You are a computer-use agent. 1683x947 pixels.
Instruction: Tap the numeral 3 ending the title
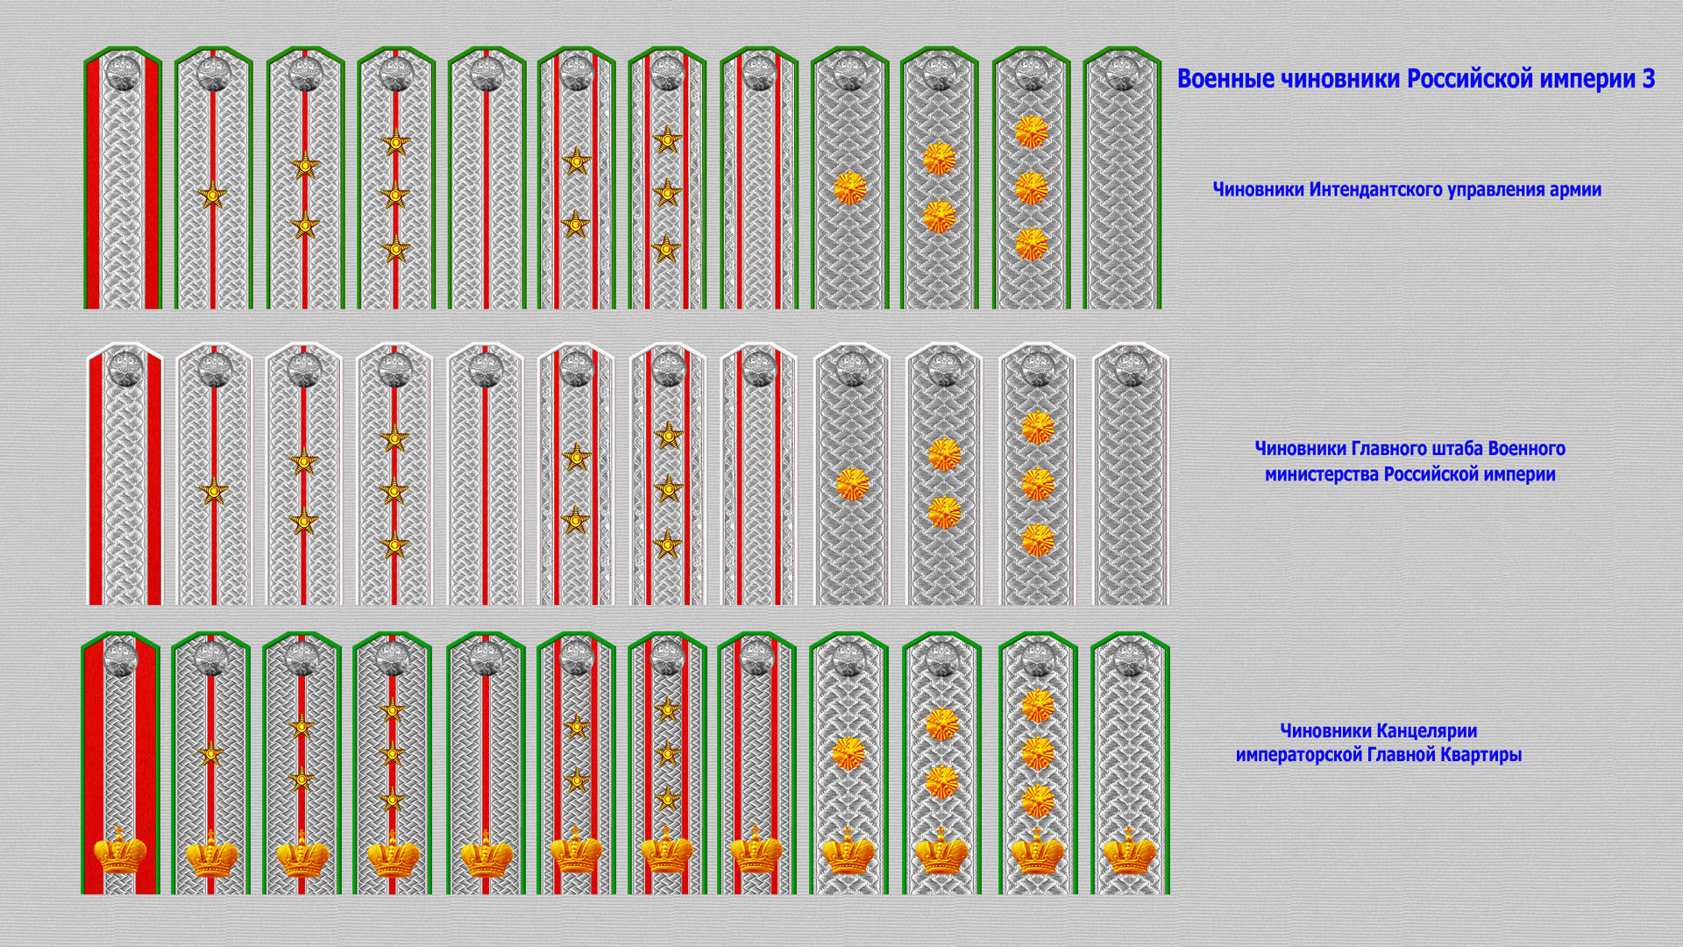1648,79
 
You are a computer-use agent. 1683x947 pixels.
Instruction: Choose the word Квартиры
1483,755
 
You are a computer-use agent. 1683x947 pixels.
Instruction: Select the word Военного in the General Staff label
1527,449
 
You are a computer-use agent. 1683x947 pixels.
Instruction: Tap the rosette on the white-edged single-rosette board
852,484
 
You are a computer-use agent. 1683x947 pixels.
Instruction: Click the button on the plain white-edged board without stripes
1131,370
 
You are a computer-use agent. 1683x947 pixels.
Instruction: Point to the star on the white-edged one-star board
213,491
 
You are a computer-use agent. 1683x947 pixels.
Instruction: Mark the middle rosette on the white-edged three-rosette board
1038,484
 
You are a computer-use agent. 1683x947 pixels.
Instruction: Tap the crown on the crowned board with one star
211,852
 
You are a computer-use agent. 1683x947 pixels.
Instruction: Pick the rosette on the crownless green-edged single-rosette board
849,189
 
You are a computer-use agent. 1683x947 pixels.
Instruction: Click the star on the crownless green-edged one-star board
212,196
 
